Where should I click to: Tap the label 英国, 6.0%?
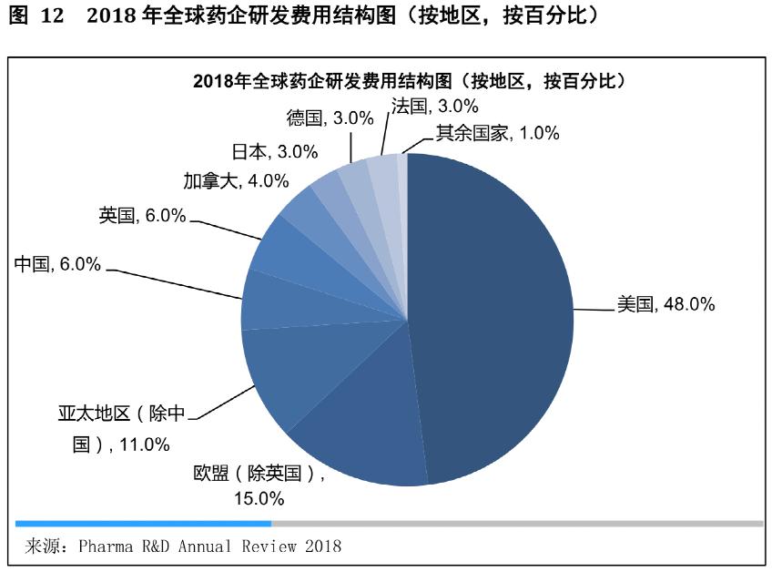coord(142,216)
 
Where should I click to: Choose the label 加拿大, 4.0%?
coord(222,180)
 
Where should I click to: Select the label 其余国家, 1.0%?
coord(496,133)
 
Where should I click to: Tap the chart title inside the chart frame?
coord(409,80)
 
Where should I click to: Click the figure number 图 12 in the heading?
coord(37,17)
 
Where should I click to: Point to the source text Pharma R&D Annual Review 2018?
coord(209,546)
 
